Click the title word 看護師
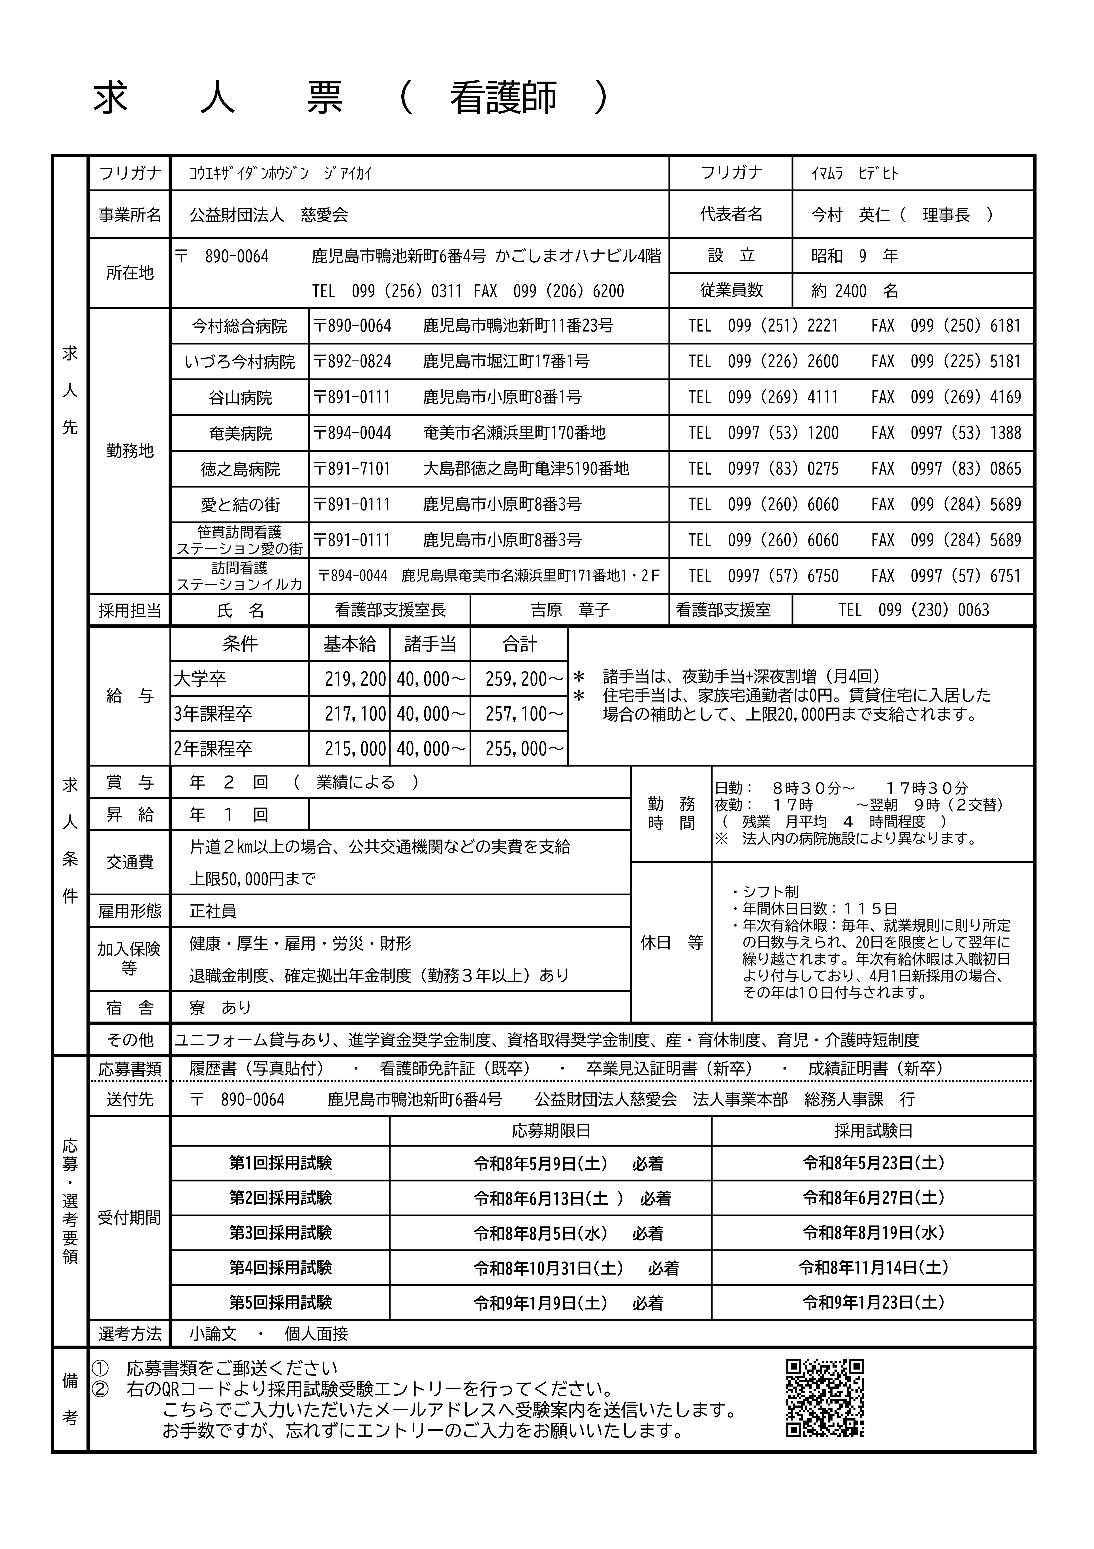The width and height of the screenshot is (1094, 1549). click(503, 97)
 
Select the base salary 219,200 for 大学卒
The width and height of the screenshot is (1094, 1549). click(355, 679)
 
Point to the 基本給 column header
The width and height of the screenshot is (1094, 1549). click(349, 644)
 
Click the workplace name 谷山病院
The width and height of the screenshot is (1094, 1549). click(240, 397)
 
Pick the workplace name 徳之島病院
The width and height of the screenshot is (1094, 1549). click(240, 469)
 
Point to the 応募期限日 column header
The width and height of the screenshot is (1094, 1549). click(550, 1131)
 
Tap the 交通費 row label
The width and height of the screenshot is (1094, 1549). click(130, 862)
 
